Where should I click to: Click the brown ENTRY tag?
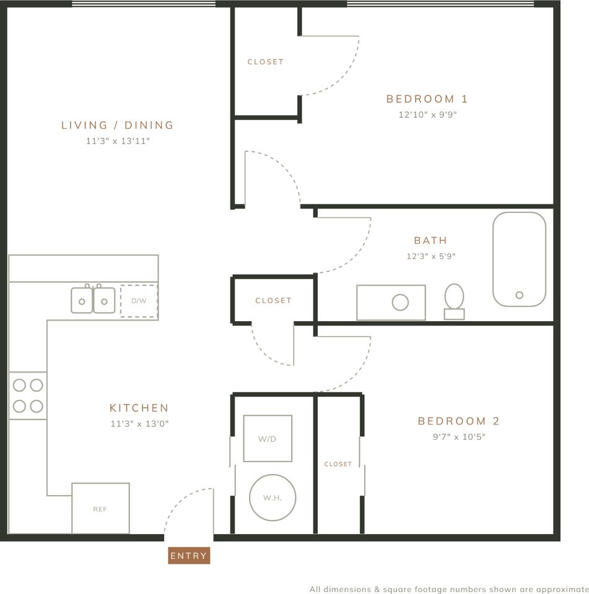[x=189, y=556]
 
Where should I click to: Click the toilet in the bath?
[x=454, y=301]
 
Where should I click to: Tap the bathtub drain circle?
[x=519, y=295]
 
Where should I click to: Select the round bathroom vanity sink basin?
[x=400, y=303]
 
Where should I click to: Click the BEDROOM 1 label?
[x=427, y=99]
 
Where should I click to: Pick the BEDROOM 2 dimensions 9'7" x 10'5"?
[x=459, y=437]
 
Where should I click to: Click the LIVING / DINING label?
[x=117, y=125]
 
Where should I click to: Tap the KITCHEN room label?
[x=139, y=408]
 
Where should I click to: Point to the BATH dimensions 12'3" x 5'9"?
[x=431, y=256]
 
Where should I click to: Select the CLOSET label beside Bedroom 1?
[x=266, y=62]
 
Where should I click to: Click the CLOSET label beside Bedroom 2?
[x=338, y=464]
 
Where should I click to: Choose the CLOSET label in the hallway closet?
[x=274, y=301]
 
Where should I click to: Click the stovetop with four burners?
[x=28, y=395]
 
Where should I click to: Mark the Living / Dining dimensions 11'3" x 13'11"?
[x=118, y=141]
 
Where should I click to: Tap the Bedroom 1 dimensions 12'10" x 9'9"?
[x=427, y=114]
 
